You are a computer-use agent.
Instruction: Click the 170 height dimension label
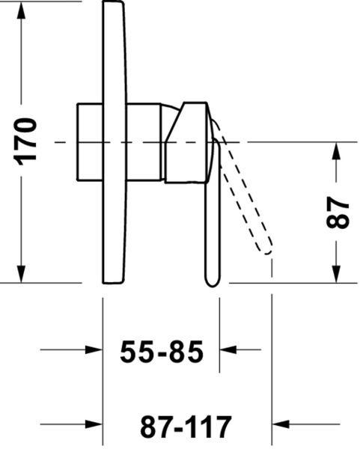tap(25, 141)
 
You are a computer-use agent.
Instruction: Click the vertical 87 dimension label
tap(338, 213)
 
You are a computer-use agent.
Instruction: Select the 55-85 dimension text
tap(162, 352)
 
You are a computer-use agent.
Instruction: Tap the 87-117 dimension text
tap(186, 427)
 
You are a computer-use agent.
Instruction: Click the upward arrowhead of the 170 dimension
tap(21, 10)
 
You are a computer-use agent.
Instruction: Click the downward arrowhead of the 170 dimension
tap(21, 274)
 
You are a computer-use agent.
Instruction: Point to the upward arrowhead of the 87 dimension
tap(336, 151)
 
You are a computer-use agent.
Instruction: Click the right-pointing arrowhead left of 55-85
tap(94, 349)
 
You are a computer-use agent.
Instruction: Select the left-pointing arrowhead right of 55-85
tap(228, 349)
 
